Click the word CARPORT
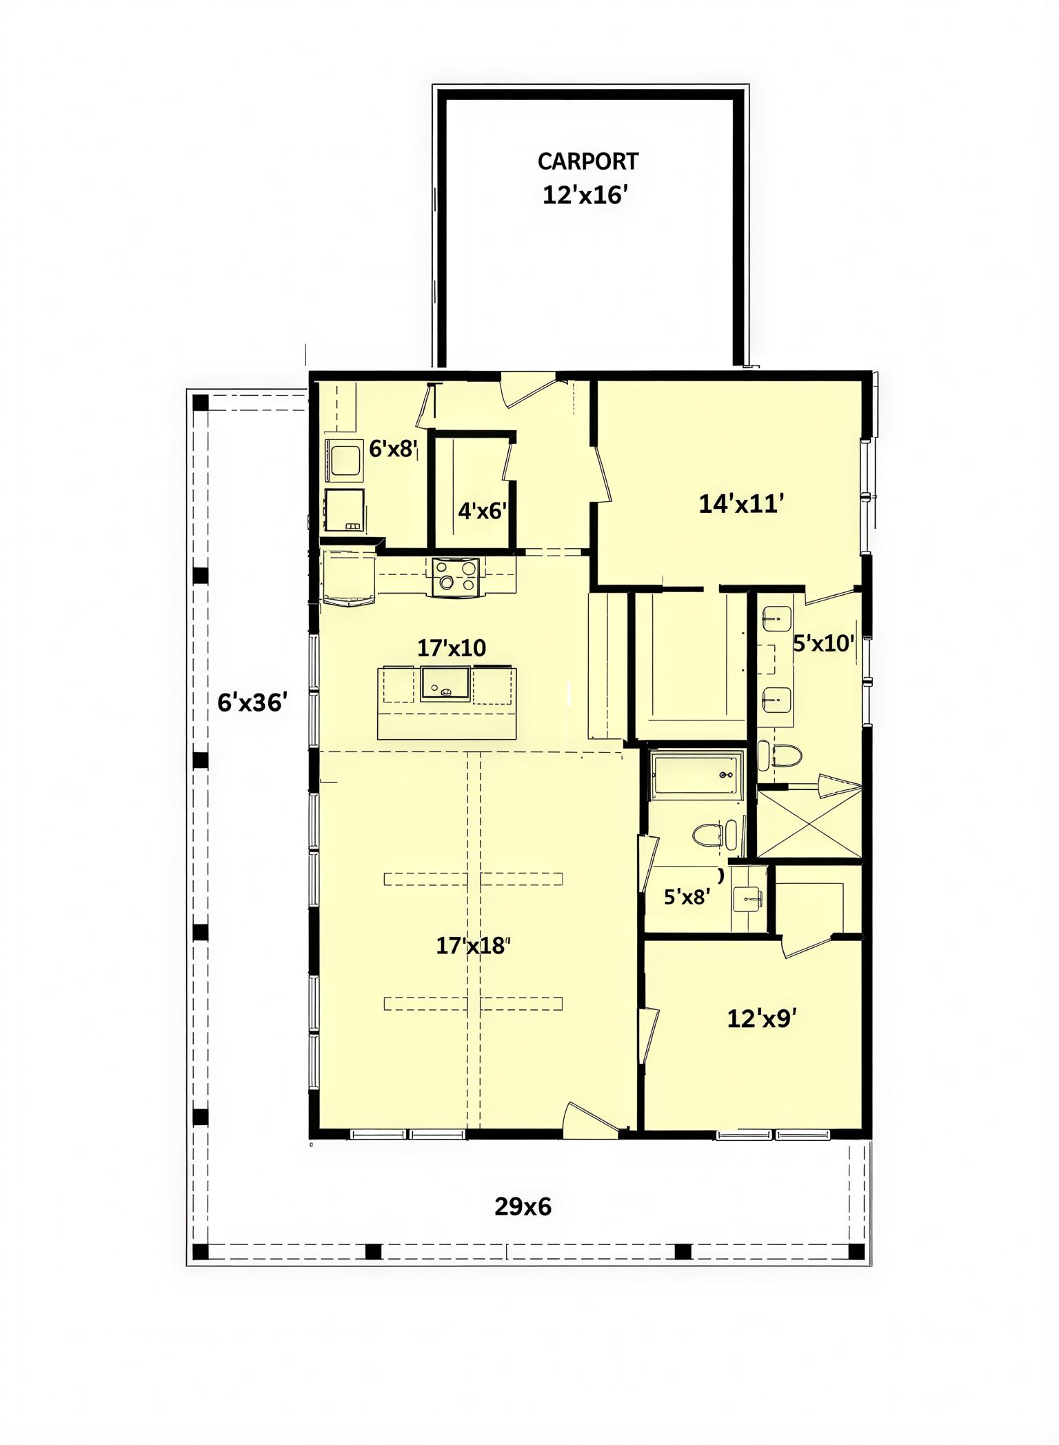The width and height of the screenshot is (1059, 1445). click(x=587, y=161)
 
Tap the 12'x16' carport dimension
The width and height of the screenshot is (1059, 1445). click(x=585, y=195)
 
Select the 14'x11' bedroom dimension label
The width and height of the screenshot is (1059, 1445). click(x=741, y=504)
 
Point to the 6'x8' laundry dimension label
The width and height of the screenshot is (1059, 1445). click(x=394, y=449)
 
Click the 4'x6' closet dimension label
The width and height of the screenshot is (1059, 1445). click(x=483, y=511)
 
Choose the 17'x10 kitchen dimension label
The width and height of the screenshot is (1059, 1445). click(x=452, y=647)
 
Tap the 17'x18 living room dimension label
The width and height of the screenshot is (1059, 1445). click(x=473, y=946)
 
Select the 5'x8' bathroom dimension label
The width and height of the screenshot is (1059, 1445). click(x=687, y=897)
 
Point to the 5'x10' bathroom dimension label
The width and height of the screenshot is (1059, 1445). click(x=824, y=643)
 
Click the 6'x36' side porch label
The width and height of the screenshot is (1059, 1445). click(x=252, y=703)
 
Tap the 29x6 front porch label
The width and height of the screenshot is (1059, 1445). click(x=523, y=1206)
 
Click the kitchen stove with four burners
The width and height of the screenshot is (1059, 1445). click(x=455, y=577)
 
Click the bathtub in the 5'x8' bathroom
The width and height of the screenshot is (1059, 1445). click(x=696, y=776)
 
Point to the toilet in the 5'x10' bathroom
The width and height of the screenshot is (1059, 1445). click(x=780, y=756)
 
